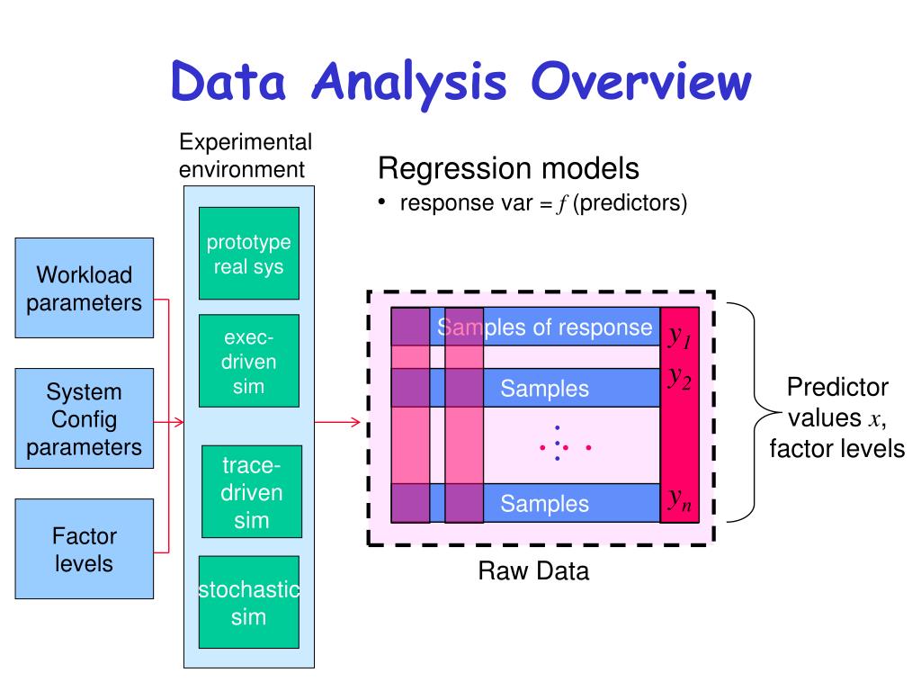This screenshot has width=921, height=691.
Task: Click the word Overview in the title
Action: (640, 81)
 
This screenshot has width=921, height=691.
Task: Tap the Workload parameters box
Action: (84, 288)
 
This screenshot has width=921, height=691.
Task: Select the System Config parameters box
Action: (84, 418)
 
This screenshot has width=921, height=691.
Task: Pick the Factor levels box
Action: (84, 549)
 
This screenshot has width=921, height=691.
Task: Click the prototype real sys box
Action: (249, 253)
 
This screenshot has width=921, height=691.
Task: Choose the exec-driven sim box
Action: (249, 361)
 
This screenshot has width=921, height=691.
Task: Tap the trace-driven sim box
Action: (252, 492)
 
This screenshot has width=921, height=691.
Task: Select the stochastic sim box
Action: (249, 602)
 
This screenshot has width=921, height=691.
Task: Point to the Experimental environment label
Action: (246, 156)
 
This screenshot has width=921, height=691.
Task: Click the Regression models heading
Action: (509, 168)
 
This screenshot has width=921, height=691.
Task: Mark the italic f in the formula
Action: (563, 204)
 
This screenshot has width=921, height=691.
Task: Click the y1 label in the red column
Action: (680, 337)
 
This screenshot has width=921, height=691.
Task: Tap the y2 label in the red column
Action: (680, 377)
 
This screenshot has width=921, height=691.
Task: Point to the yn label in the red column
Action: (680, 499)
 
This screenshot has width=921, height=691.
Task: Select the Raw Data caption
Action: (533, 570)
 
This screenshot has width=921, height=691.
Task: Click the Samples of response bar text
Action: (544, 328)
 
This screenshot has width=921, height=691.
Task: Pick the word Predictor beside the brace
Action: (837, 387)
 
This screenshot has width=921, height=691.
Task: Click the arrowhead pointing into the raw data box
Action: (355, 422)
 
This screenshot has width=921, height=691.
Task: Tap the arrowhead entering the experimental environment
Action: (179, 422)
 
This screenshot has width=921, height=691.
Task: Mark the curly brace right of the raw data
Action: (755, 412)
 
